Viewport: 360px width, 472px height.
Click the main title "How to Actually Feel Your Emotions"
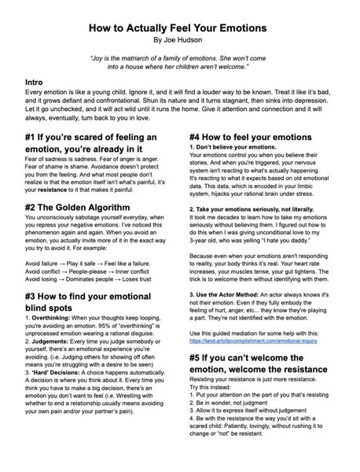pos(180,26)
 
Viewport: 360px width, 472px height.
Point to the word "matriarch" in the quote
pos(154,59)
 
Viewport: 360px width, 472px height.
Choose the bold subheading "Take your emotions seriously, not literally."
pos(261,208)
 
